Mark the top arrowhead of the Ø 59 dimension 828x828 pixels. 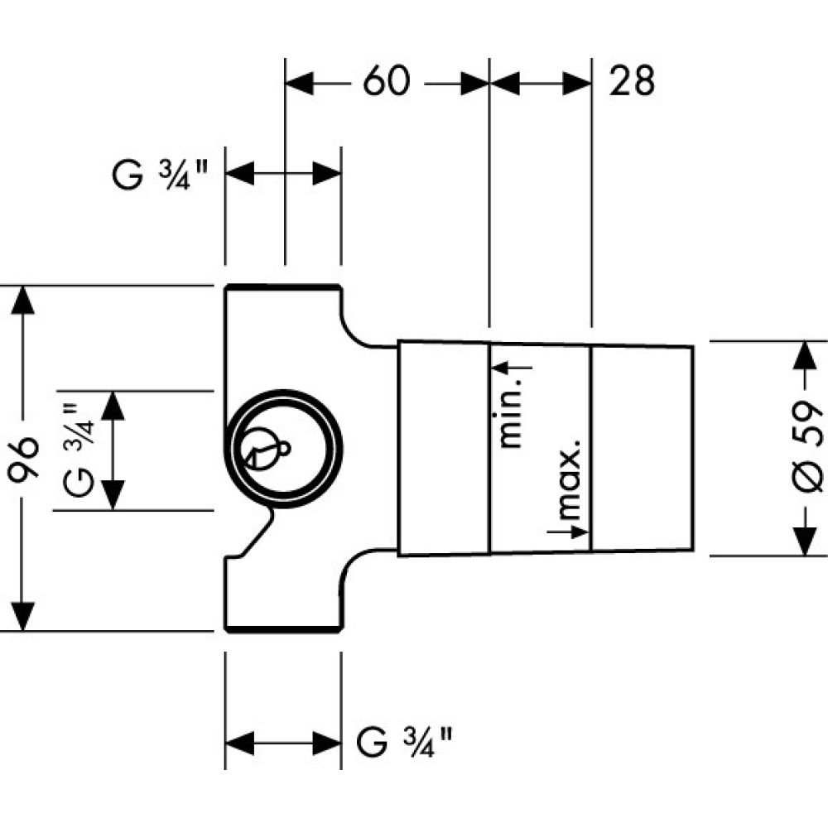point(802,354)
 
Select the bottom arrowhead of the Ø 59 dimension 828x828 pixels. point(802,542)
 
